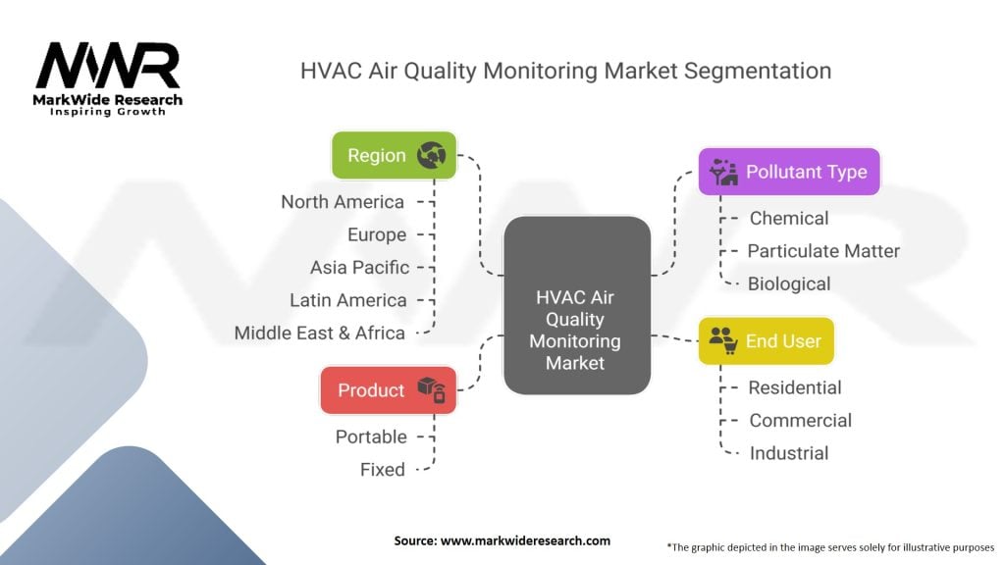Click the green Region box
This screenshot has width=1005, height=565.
(395, 155)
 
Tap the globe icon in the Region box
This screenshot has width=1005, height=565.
(432, 155)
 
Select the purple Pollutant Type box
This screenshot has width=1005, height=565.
(789, 172)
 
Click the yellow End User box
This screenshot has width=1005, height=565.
(766, 340)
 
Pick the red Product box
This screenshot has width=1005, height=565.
(389, 390)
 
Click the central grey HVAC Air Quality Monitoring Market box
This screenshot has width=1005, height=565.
(577, 306)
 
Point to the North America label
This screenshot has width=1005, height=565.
(343, 202)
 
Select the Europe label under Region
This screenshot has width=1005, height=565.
(377, 234)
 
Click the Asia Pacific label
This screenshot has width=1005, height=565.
(359, 267)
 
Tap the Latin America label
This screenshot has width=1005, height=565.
(348, 300)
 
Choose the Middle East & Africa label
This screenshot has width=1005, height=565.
(319, 334)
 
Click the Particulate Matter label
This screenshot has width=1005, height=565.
(823, 251)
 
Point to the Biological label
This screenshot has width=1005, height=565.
(789, 283)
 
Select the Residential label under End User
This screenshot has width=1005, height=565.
(795, 387)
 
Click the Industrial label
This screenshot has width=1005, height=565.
(789, 453)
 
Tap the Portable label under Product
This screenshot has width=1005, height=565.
(371, 437)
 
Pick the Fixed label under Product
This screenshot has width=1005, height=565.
(383, 470)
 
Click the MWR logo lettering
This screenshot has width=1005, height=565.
(108, 66)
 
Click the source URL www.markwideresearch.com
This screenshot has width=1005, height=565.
(526, 540)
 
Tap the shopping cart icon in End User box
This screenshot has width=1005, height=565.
(730, 346)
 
